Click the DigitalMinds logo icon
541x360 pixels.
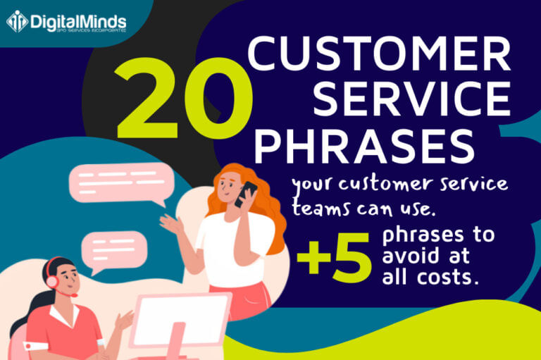[16, 20]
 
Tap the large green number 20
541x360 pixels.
[177, 99]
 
